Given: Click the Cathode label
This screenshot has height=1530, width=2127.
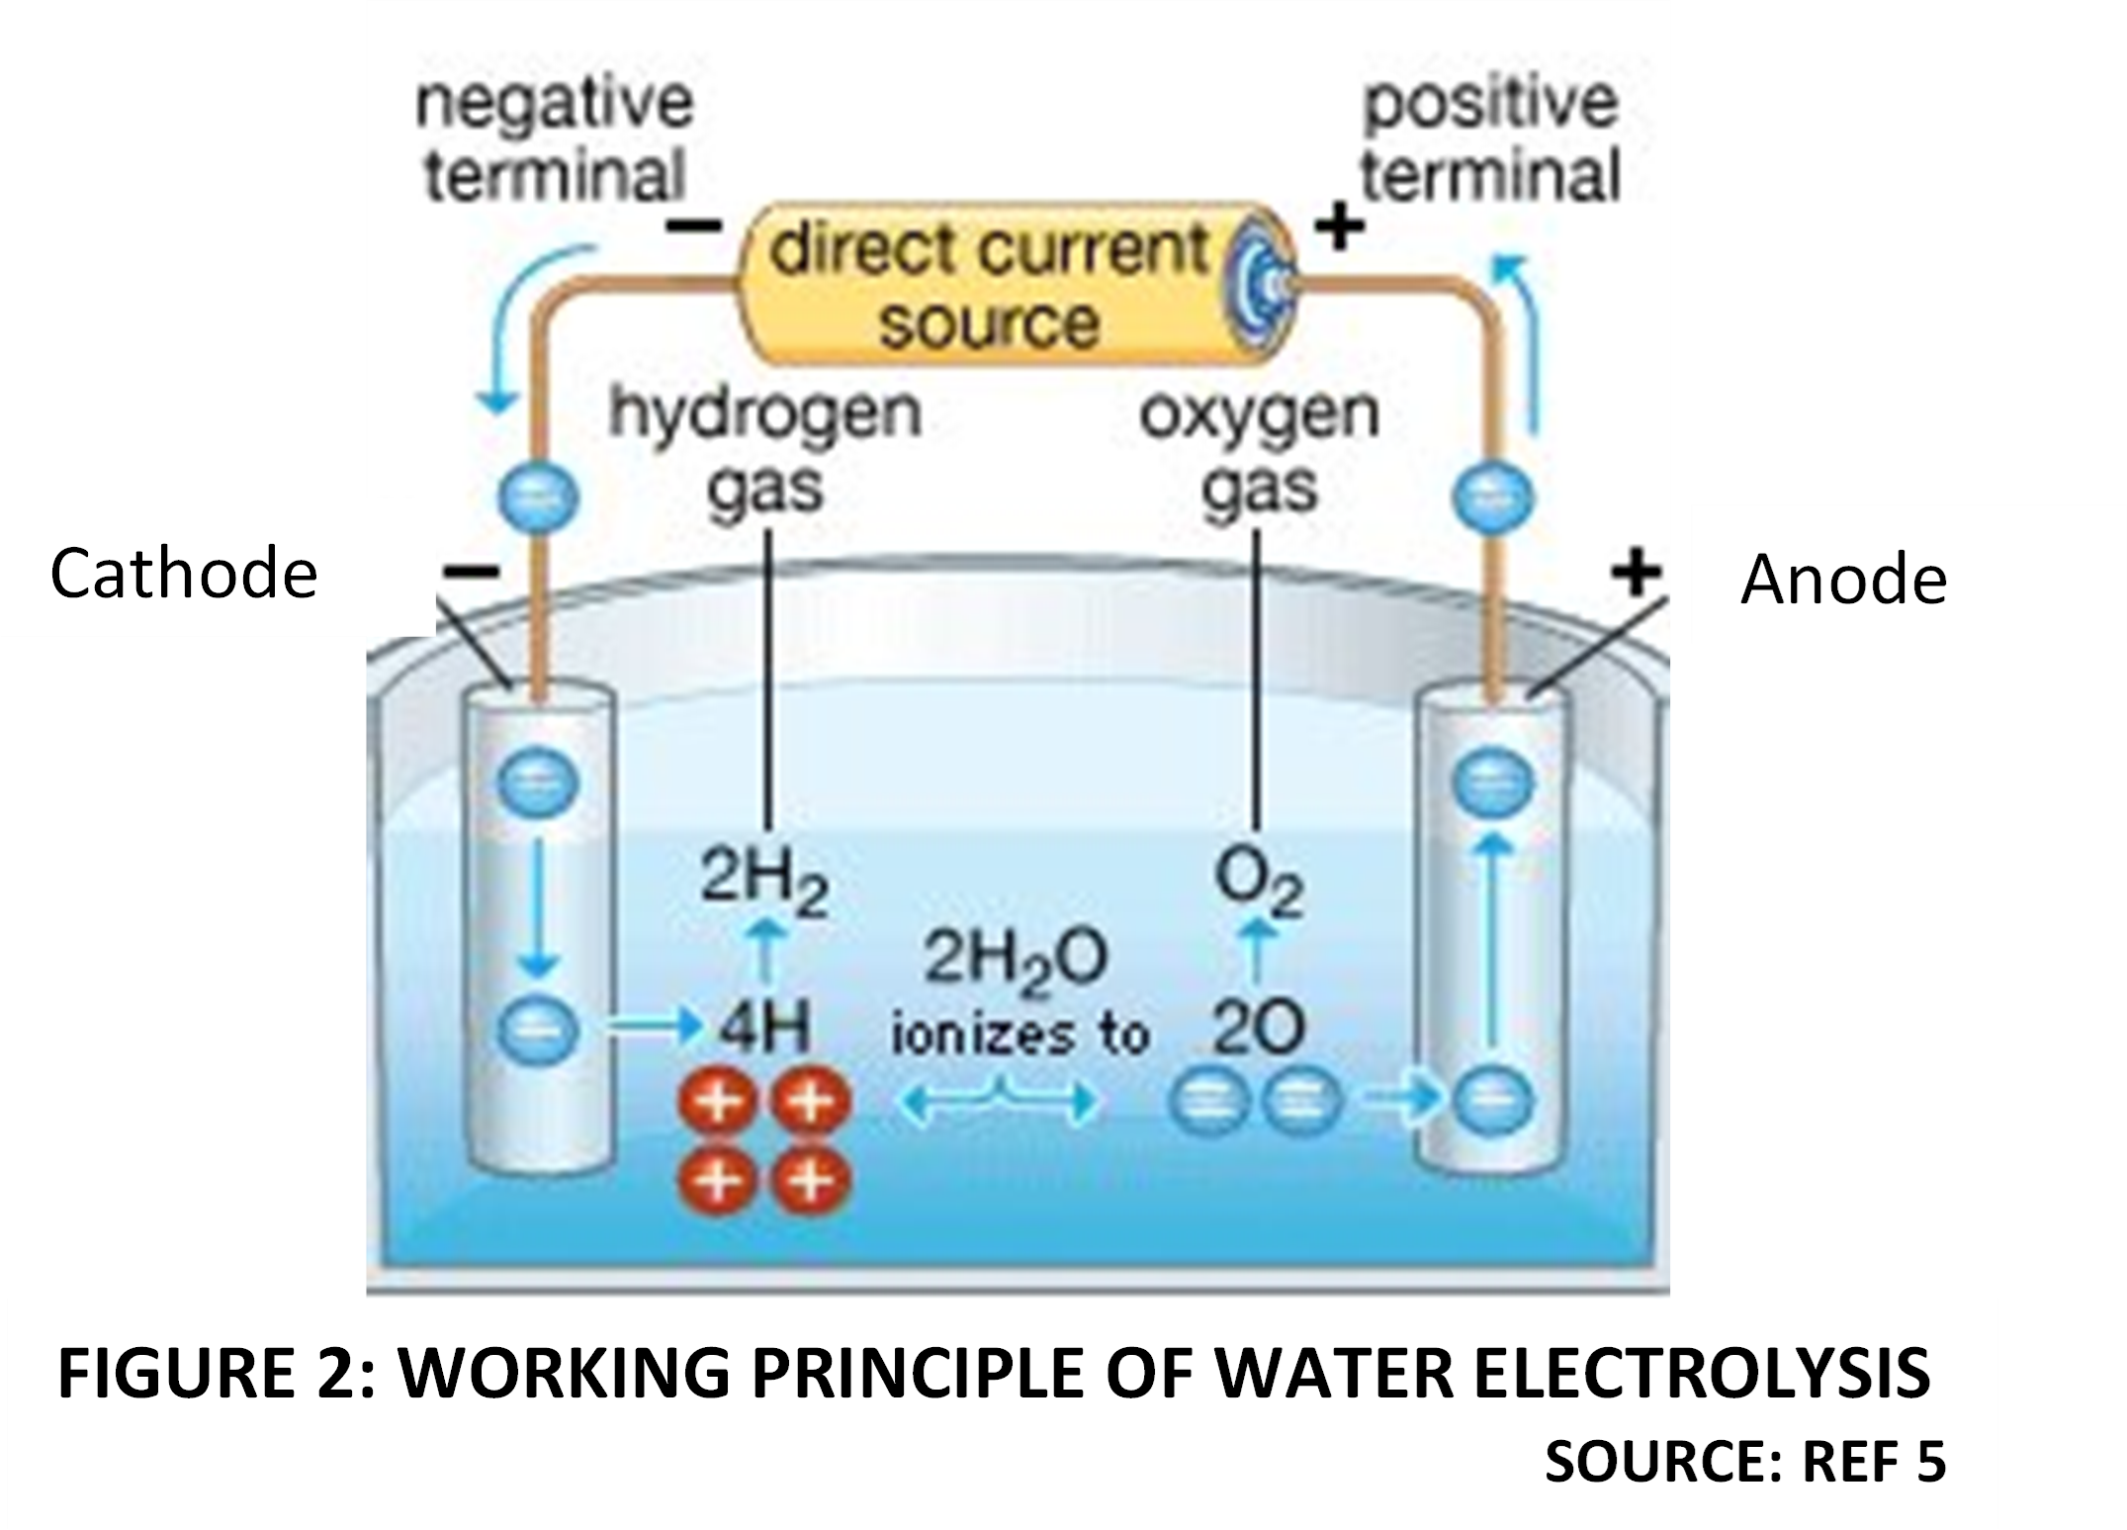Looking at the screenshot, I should (183, 573).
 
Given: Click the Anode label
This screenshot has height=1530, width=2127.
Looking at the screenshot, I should (1842, 579).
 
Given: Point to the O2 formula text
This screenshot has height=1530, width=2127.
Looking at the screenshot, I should (1259, 882).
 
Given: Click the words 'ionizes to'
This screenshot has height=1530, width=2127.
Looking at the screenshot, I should (1019, 1035).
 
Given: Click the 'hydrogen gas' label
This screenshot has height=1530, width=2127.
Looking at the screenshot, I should (765, 450).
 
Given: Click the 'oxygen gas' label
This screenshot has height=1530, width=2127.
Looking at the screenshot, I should (1259, 450).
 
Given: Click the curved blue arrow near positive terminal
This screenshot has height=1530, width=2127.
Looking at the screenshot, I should (1523, 336).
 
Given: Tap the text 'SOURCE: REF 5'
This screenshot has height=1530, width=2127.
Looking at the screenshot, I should (1744, 1463).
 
